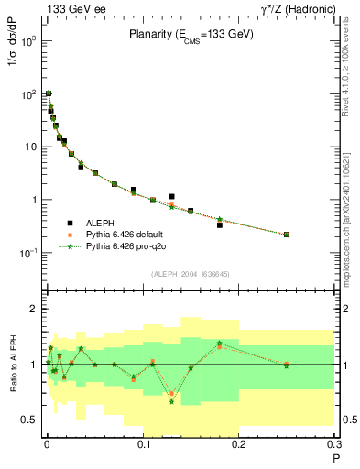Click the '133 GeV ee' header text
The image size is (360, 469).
[72, 8]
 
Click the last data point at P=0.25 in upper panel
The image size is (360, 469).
[287, 234]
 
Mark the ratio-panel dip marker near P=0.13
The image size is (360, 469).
[171, 401]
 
